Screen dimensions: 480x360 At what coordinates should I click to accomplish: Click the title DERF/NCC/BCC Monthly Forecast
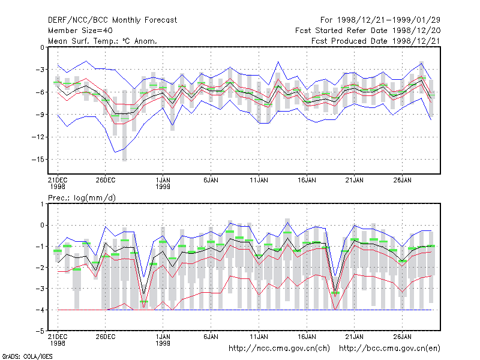[x=112, y=20]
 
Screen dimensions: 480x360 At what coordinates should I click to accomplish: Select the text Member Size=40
[x=80, y=31]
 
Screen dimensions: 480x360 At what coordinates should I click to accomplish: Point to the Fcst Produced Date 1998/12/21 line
[x=376, y=41]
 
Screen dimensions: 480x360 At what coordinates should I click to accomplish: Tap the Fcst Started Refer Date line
[x=368, y=31]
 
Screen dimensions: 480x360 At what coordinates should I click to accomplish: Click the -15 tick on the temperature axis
[x=38, y=160]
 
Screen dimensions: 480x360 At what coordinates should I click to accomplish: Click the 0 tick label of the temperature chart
[x=42, y=47]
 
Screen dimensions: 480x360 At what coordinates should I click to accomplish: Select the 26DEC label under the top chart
[x=106, y=181]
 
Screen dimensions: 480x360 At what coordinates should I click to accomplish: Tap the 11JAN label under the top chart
[x=259, y=181]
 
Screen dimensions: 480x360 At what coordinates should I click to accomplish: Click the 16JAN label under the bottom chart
[x=307, y=337]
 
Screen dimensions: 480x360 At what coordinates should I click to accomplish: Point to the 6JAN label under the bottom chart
[x=211, y=337]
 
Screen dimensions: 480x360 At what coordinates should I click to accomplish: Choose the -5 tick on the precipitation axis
[x=40, y=331]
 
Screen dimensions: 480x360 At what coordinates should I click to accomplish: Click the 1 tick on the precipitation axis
[x=42, y=204]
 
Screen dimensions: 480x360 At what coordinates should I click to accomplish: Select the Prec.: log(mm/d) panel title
[x=82, y=198]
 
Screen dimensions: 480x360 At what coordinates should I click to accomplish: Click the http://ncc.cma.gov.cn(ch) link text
[x=279, y=349]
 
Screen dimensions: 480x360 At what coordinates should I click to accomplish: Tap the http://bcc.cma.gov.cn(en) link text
[x=389, y=349]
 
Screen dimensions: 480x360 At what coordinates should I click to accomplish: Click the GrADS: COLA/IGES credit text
[x=27, y=356]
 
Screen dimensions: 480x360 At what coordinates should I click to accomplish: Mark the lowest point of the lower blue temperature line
[x=115, y=152]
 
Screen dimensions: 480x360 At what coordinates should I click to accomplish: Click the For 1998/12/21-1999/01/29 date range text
[x=380, y=20]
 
